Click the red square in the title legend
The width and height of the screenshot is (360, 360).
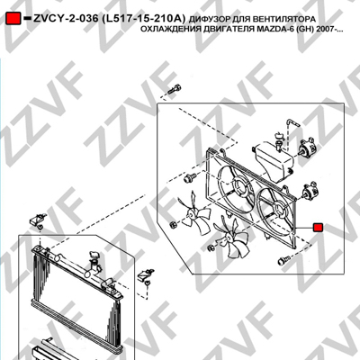tap(13, 19)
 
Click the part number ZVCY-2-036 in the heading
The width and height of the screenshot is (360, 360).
tap(66, 19)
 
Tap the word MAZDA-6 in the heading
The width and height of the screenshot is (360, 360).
tap(275, 30)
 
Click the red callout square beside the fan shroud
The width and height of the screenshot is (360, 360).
tap(318, 228)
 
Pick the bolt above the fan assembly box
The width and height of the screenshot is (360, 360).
tap(175, 89)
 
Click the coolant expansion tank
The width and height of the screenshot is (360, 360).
tap(273, 160)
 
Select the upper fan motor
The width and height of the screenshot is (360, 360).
tap(307, 146)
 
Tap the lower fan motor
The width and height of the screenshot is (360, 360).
tap(310, 191)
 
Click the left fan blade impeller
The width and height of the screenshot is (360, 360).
tap(195, 213)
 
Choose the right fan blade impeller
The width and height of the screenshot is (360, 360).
tap(230, 238)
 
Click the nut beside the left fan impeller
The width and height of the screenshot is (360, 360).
tap(173, 224)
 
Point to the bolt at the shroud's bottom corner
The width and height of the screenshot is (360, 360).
tap(283, 260)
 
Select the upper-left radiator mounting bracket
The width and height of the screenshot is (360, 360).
tap(38, 220)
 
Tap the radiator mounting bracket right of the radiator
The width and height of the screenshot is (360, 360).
tap(145, 276)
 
